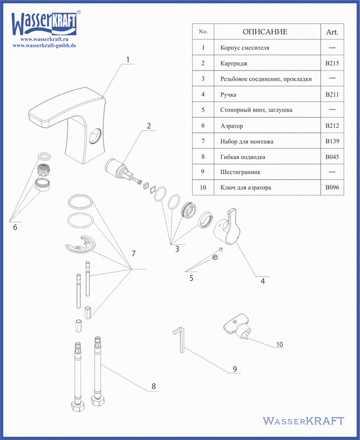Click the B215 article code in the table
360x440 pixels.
pyautogui.click(x=332, y=63)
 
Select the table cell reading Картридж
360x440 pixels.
pyautogui.click(x=234, y=63)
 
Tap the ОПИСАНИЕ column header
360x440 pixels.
pyautogui.click(x=265, y=31)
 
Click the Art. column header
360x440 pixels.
pyautogui.click(x=332, y=32)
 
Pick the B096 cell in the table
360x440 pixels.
pyautogui.click(x=332, y=187)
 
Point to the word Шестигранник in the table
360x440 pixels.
pyautogui.click(x=240, y=172)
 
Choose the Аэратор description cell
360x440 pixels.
pyautogui.click(x=232, y=126)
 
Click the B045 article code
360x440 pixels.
pyautogui.click(x=332, y=157)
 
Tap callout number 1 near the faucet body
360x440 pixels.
pyautogui.click(x=128, y=60)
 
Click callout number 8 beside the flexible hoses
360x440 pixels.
pyautogui.click(x=153, y=386)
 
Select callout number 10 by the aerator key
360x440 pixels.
pyautogui.click(x=280, y=344)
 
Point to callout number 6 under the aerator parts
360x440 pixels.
pyautogui.click(x=15, y=227)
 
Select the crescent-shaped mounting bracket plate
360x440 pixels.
pyautogui.click(x=80, y=245)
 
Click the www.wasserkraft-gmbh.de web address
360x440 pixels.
pyautogui.click(x=45, y=45)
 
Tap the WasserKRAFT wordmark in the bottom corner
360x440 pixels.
pyautogui.click(x=303, y=421)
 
